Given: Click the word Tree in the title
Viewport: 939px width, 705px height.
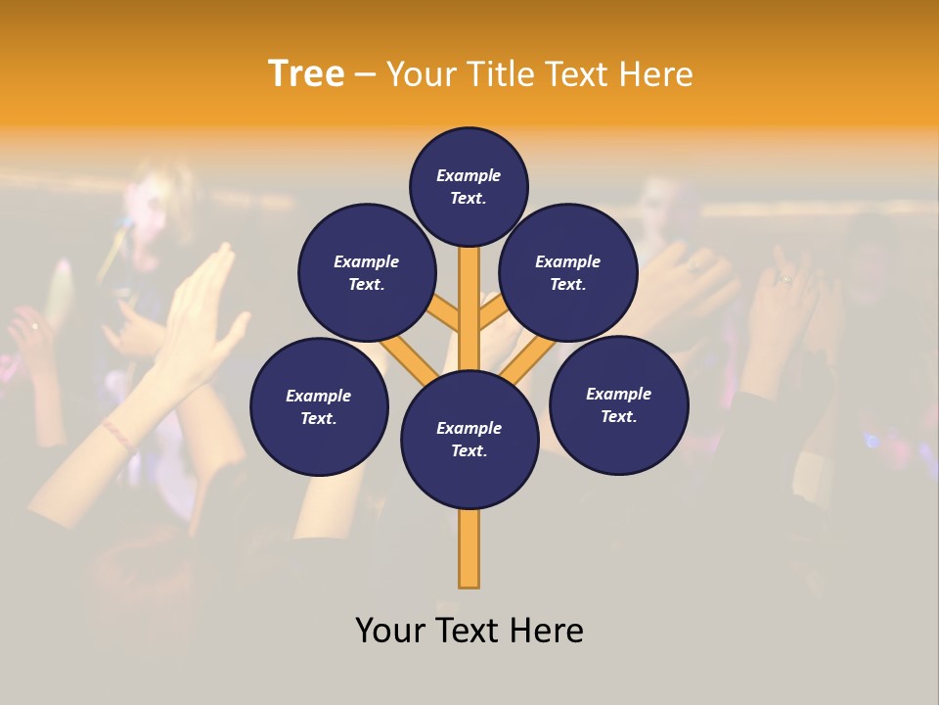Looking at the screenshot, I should (306, 74).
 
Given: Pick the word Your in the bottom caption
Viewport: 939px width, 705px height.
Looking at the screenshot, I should (391, 631).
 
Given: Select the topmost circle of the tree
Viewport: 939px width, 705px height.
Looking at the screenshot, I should (469, 186).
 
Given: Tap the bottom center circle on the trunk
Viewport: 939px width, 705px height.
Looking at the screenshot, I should (469, 440).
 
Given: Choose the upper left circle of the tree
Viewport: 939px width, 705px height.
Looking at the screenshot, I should (367, 272).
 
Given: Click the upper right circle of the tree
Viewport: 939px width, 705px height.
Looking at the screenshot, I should (568, 272).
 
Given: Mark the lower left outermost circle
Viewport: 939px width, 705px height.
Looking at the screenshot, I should (319, 406).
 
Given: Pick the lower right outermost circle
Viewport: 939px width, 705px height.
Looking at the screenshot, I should (619, 404).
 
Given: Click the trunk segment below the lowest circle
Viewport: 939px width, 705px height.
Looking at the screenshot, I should (469, 548).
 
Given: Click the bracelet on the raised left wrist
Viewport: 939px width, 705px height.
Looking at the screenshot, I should (117, 434).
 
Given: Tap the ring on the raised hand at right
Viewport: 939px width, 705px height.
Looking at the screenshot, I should (784, 279).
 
